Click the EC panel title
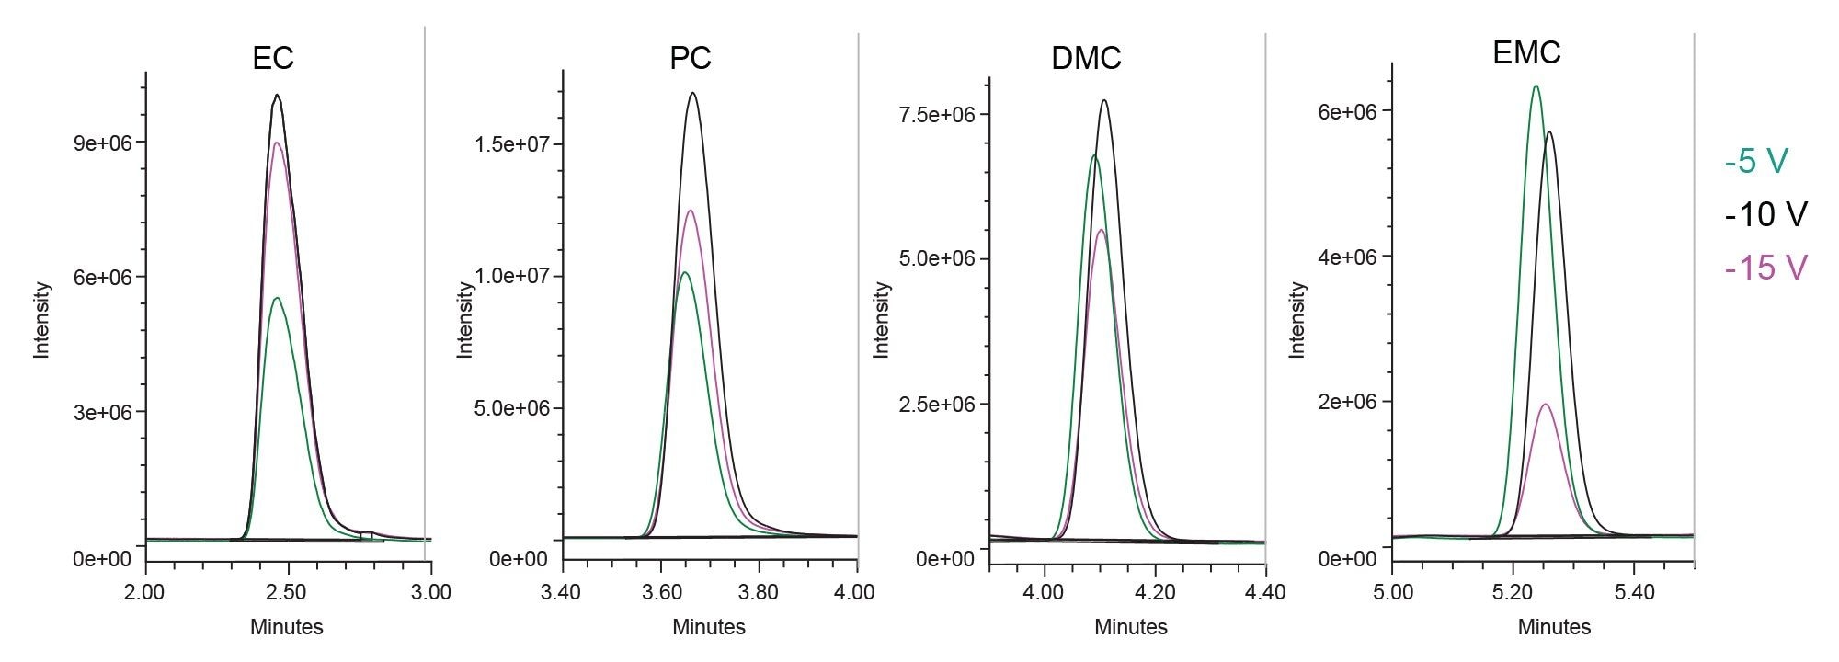(273, 58)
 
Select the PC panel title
(690, 58)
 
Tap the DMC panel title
(1086, 58)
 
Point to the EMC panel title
(1526, 52)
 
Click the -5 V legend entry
(1756, 161)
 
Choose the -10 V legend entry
(1765, 214)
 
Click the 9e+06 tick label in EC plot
(103, 143)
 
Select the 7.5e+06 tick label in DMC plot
(937, 114)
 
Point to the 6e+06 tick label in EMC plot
(1347, 111)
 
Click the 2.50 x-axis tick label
(288, 592)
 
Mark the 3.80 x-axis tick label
(759, 592)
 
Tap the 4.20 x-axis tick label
(1155, 592)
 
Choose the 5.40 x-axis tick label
(1633, 592)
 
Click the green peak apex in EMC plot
(1536, 86)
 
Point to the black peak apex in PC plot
(692, 93)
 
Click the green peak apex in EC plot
(277, 298)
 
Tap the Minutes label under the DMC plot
(1130, 627)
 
